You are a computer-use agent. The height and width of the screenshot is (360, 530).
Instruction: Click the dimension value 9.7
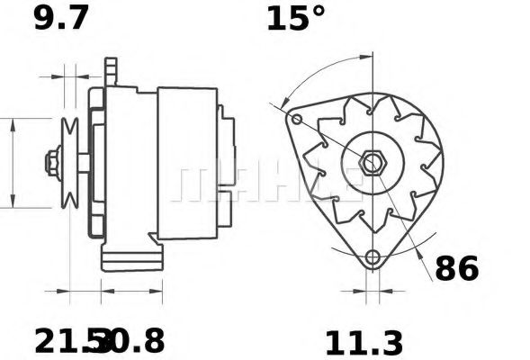tap(61, 18)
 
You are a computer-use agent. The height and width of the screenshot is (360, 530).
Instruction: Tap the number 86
tap(457, 268)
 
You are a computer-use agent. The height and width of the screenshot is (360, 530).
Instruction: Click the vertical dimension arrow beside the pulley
tap(13, 162)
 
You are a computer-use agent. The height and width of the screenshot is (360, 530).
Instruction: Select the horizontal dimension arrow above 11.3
tap(369, 292)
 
